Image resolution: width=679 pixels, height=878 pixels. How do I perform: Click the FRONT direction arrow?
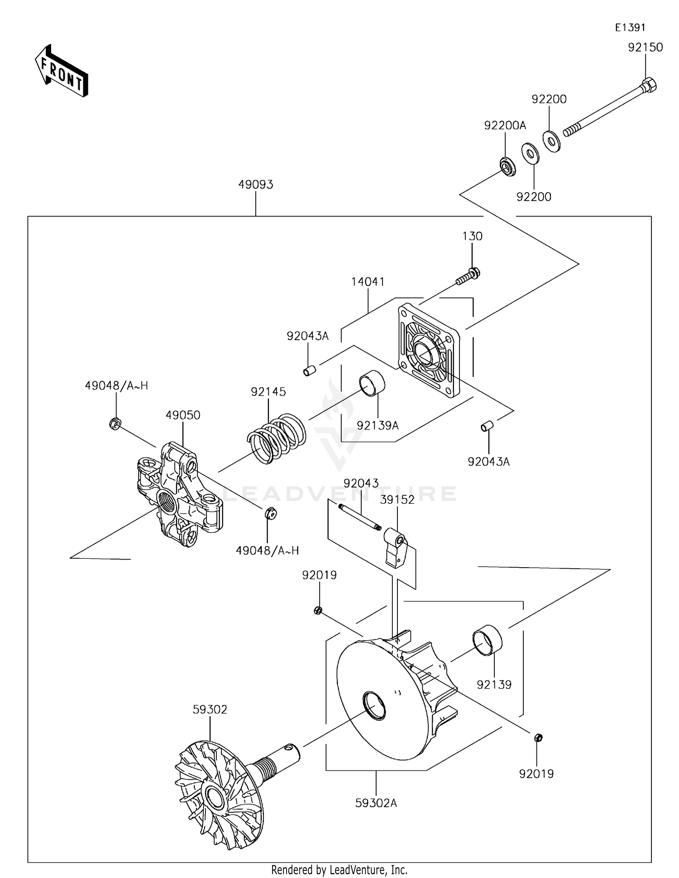click(62, 71)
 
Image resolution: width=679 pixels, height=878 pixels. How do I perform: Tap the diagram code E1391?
click(630, 28)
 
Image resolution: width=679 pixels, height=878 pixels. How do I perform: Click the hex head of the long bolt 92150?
click(649, 85)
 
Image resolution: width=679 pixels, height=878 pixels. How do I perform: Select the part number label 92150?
click(645, 48)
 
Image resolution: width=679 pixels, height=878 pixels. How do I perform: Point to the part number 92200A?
click(505, 125)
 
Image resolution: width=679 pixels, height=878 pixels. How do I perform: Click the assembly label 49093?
click(256, 185)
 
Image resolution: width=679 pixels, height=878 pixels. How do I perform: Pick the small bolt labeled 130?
click(468, 277)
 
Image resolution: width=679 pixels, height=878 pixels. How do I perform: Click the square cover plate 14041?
click(428, 351)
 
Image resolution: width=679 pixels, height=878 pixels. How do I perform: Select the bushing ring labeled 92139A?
click(372, 383)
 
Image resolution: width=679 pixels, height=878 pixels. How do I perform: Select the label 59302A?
click(376, 803)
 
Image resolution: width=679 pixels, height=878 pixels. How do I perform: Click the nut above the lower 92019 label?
click(538, 738)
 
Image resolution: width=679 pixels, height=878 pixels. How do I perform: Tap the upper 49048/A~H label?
click(116, 386)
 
